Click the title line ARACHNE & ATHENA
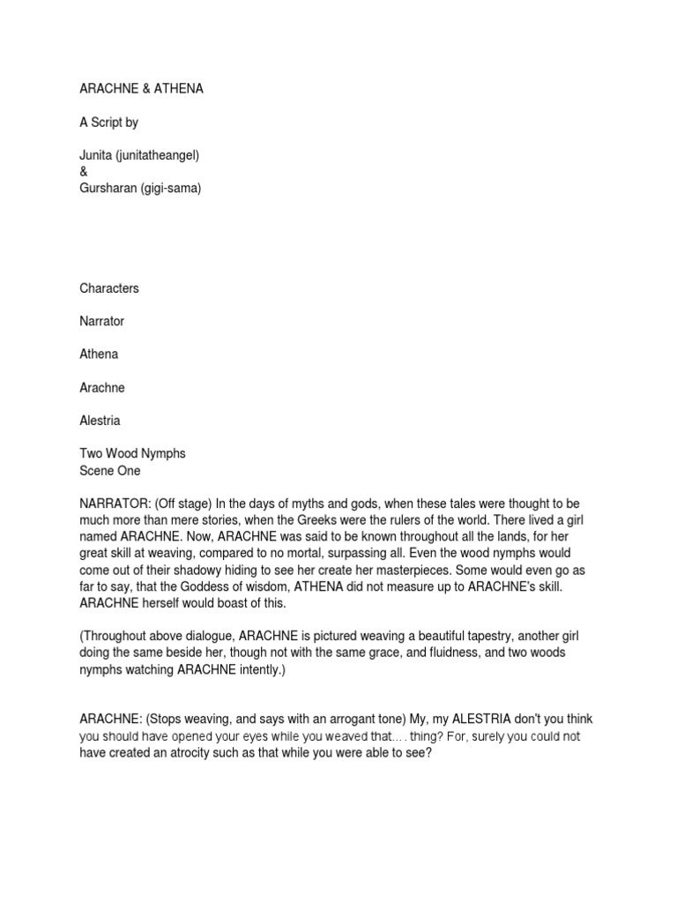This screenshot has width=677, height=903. point(141,89)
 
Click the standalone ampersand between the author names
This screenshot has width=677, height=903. point(84,172)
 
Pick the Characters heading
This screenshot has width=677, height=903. point(109,288)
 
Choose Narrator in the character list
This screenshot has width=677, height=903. point(102,321)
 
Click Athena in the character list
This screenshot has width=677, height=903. point(99,354)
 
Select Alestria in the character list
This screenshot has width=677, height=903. point(101,420)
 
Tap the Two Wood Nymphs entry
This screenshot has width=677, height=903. point(132,453)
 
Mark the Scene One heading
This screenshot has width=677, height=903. point(110,470)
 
